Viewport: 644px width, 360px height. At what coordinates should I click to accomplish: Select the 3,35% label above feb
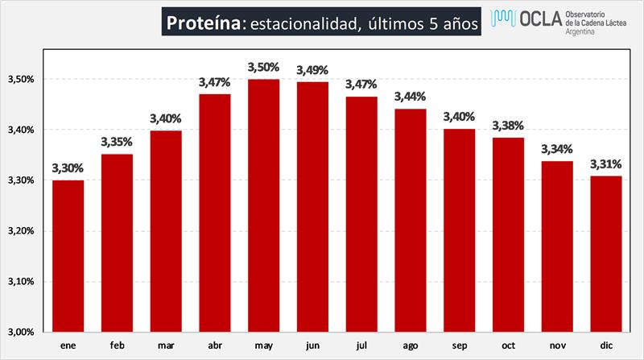pos(118,143)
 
